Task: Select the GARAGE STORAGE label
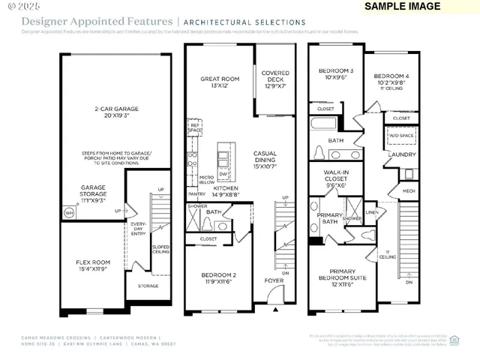pos(94,195)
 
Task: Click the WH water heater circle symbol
pos(69,213)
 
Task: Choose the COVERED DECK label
pos(275,77)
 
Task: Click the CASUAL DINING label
pos(265,157)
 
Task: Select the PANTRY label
pos(196,193)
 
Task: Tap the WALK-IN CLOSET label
pos(335,178)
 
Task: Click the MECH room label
pos(409,190)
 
